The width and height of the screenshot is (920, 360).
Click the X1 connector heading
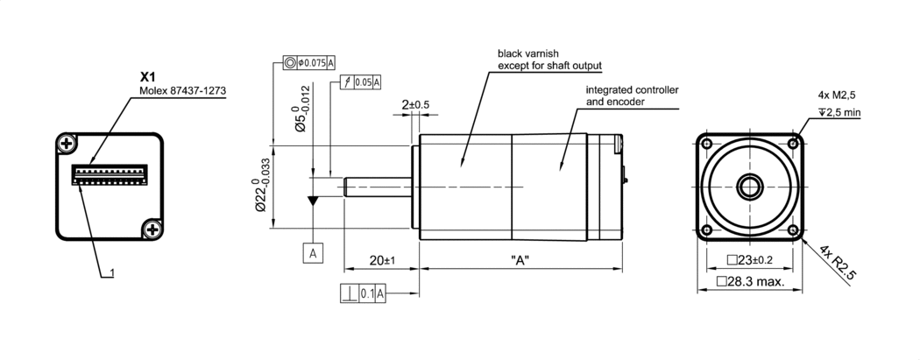point(148,77)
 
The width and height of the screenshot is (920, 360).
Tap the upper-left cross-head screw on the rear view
point(67,143)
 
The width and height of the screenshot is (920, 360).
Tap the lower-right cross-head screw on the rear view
point(152,229)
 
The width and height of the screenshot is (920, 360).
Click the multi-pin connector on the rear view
point(110,172)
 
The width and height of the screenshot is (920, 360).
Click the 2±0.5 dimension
point(415,105)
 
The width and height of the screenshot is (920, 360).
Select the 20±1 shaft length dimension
point(382,260)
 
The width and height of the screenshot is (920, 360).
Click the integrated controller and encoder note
point(631,95)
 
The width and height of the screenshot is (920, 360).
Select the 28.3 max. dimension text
point(748,281)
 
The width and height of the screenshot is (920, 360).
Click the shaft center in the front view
point(749,186)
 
